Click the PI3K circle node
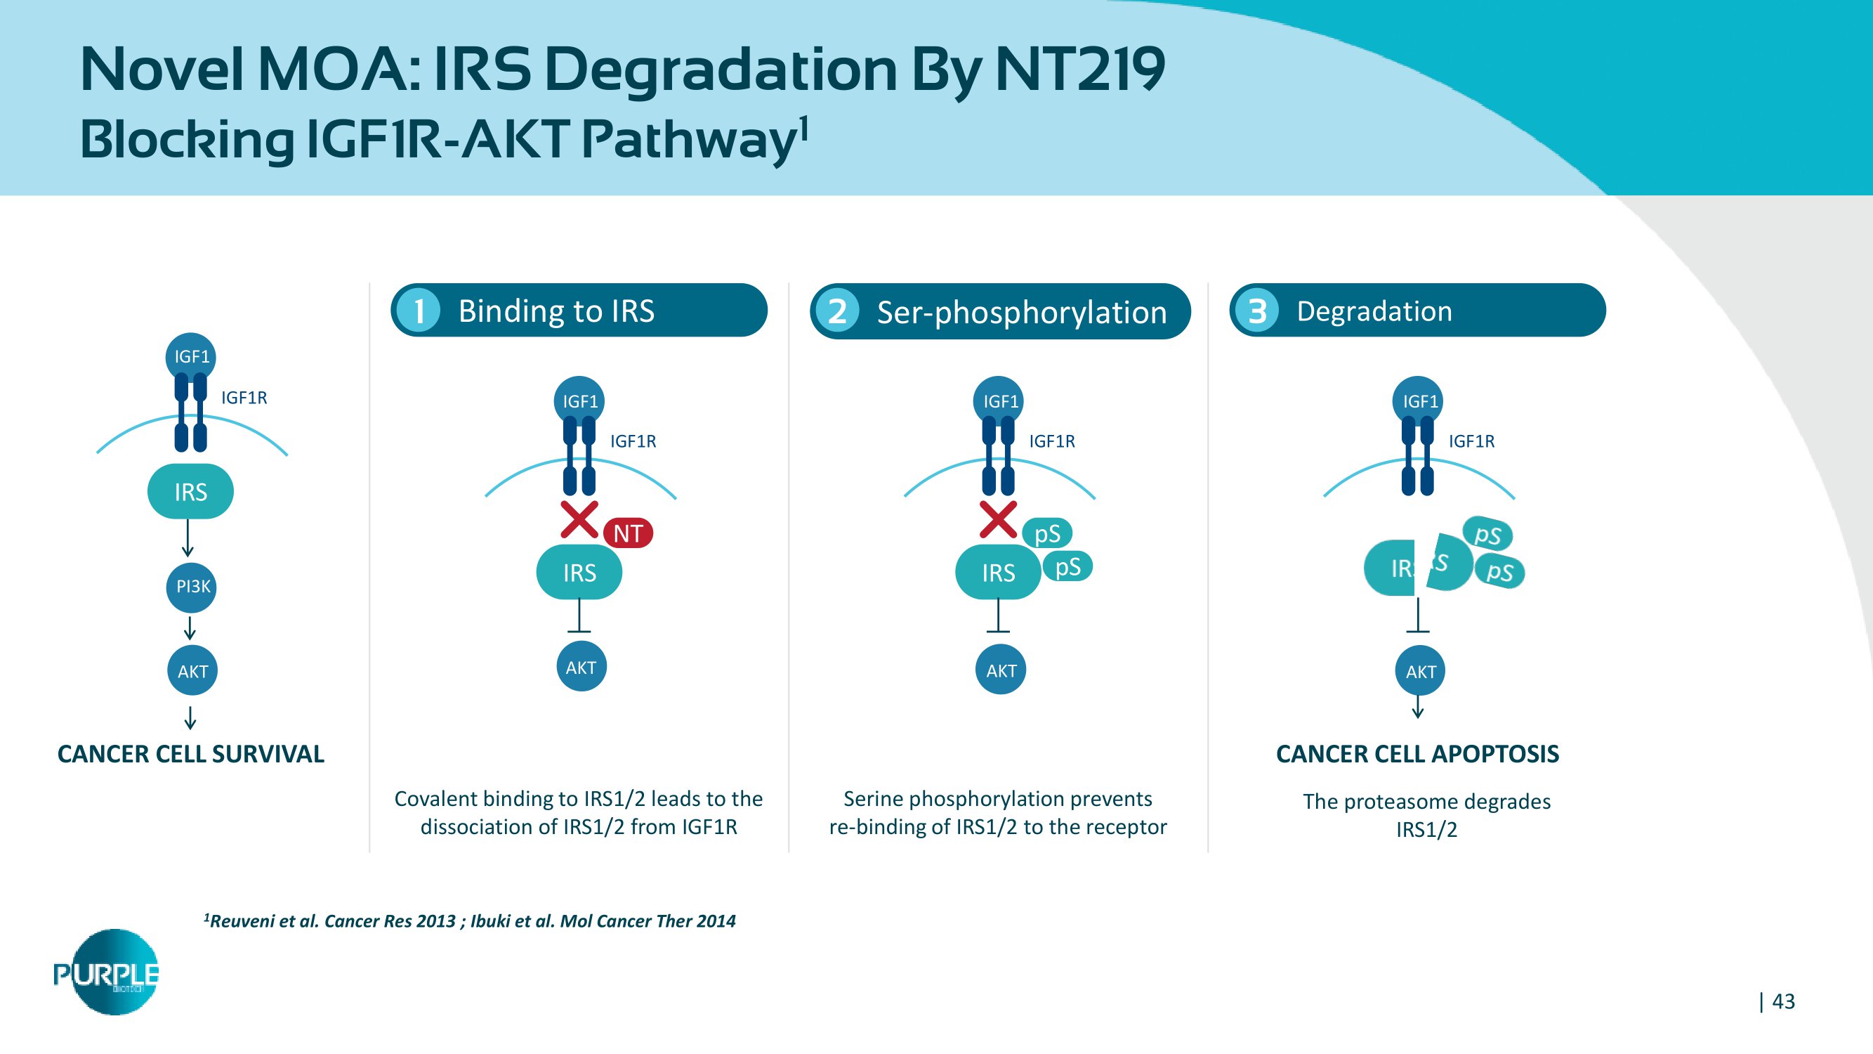click(x=192, y=586)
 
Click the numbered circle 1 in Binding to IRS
click(x=419, y=311)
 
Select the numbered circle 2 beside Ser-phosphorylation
click(x=838, y=311)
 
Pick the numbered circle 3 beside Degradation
click(x=1257, y=311)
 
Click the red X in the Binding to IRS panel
click(x=579, y=519)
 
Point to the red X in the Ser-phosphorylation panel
click(x=997, y=519)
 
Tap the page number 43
click(x=1783, y=1001)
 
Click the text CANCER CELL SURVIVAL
click(x=190, y=754)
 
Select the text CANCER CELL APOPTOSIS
click(x=1417, y=754)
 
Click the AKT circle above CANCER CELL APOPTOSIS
click(x=1420, y=670)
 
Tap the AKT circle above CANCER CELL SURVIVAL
click(x=192, y=670)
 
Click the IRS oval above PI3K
click(x=190, y=492)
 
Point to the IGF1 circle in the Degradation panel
click(x=1419, y=401)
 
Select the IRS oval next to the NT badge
click(x=579, y=573)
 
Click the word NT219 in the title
click(x=1079, y=70)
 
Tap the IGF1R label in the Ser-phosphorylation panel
click(x=1051, y=441)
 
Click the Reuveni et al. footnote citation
click(x=470, y=922)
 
